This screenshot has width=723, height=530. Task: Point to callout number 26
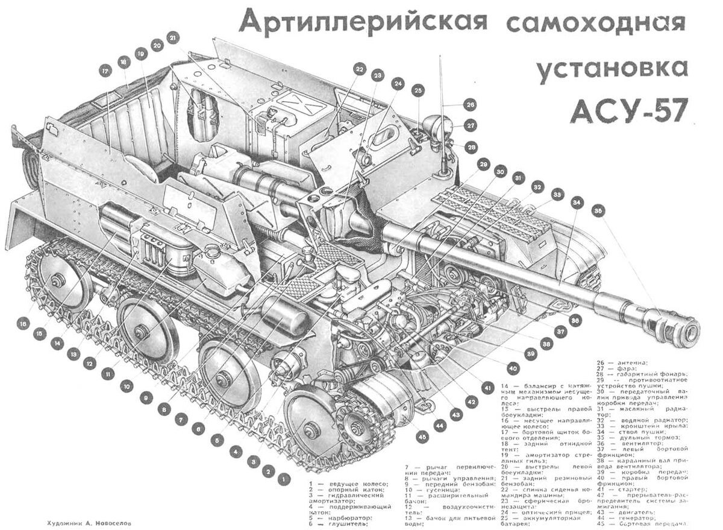point(470,104)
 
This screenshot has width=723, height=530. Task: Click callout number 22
point(359,70)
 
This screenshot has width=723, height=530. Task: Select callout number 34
point(578,202)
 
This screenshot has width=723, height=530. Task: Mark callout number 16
point(23,323)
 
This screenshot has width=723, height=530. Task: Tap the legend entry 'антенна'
point(631,362)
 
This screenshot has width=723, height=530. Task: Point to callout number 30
point(499,172)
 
